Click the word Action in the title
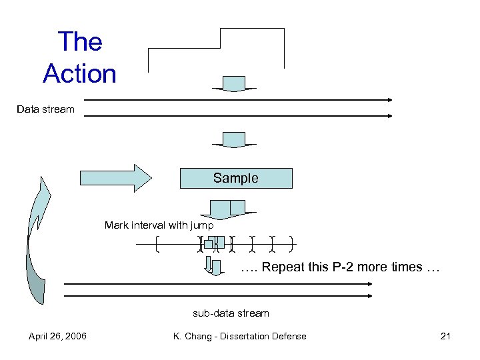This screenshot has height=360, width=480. (79, 73)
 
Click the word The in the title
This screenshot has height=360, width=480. (79, 41)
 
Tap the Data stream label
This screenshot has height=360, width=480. (45, 109)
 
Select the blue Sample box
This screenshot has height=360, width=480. (235, 178)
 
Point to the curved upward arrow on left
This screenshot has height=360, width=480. (37, 240)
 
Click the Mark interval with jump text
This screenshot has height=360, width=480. (159, 225)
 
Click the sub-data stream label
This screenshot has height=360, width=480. (231, 313)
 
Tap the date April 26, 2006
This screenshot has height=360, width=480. (57, 336)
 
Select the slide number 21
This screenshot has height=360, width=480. (445, 336)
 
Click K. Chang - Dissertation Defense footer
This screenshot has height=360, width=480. (239, 336)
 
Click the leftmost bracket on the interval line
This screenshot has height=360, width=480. (157, 245)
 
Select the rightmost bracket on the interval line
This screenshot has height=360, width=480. (293, 245)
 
